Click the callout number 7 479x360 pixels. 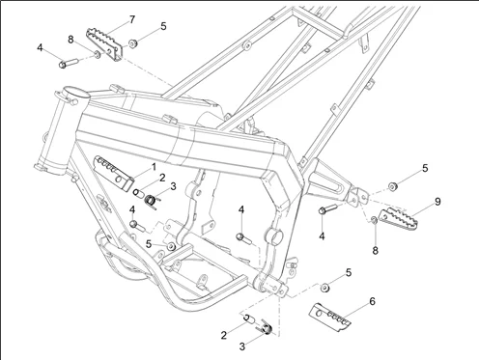pos(132,19)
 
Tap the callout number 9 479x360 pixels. pos(437,202)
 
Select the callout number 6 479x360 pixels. pos(372,301)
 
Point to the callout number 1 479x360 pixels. pos(154,167)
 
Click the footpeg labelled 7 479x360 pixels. pos(104,44)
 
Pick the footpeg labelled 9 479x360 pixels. pos(398,219)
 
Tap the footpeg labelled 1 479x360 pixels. pos(113,172)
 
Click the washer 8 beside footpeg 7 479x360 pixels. pos(97,54)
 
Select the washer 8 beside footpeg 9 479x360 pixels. pos(374,220)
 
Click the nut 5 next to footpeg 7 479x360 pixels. pos(132,43)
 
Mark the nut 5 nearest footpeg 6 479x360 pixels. pos(325,288)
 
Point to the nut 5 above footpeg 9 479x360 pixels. pos(392,186)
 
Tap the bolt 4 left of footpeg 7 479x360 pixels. pos(69,63)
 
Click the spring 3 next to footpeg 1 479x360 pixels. pos(151,202)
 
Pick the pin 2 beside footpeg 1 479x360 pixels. pos(138,194)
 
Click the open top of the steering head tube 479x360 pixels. pos(76,93)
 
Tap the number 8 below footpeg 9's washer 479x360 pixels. pos(375,250)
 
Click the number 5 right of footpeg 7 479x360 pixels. pos(163,26)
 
